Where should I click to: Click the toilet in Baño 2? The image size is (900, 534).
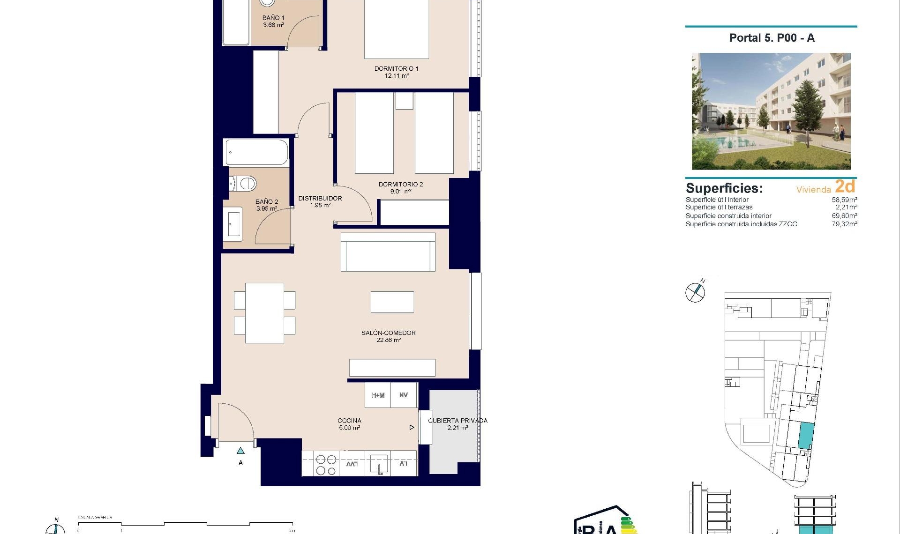pyautogui.click(x=244, y=183)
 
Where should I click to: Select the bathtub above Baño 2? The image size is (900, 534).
pyautogui.click(x=256, y=152)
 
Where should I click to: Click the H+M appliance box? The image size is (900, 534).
pyautogui.click(x=378, y=395)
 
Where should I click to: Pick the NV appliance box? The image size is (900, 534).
pyautogui.click(x=404, y=395)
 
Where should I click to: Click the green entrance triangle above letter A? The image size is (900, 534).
pyautogui.click(x=240, y=451)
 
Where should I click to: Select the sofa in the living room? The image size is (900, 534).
pyautogui.click(x=388, y=252)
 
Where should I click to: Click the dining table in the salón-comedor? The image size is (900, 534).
pyautogui.click(x=264, y=313)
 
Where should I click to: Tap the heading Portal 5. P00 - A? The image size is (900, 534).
pyautogui.click(x=772, y=38)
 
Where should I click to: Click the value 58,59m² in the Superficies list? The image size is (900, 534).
pyautogui.click(x=844, y=200)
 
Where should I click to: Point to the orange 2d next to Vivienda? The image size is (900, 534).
pyautogui.click(x=845, y=186)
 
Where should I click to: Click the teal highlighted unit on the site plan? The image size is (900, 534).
pyautogui.click(x=805, y=435)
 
